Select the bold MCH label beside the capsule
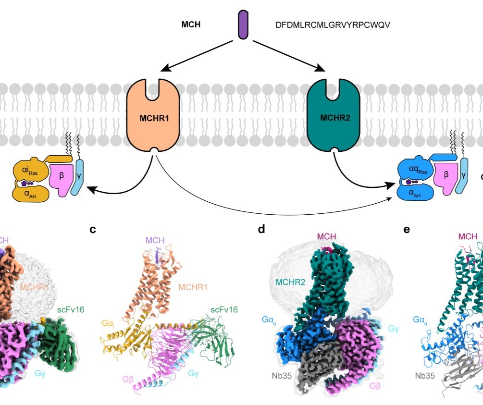point(191,25)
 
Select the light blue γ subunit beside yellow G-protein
point(78,178)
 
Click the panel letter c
point(93,230)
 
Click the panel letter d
point(261,230)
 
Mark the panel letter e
point(407,230)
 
